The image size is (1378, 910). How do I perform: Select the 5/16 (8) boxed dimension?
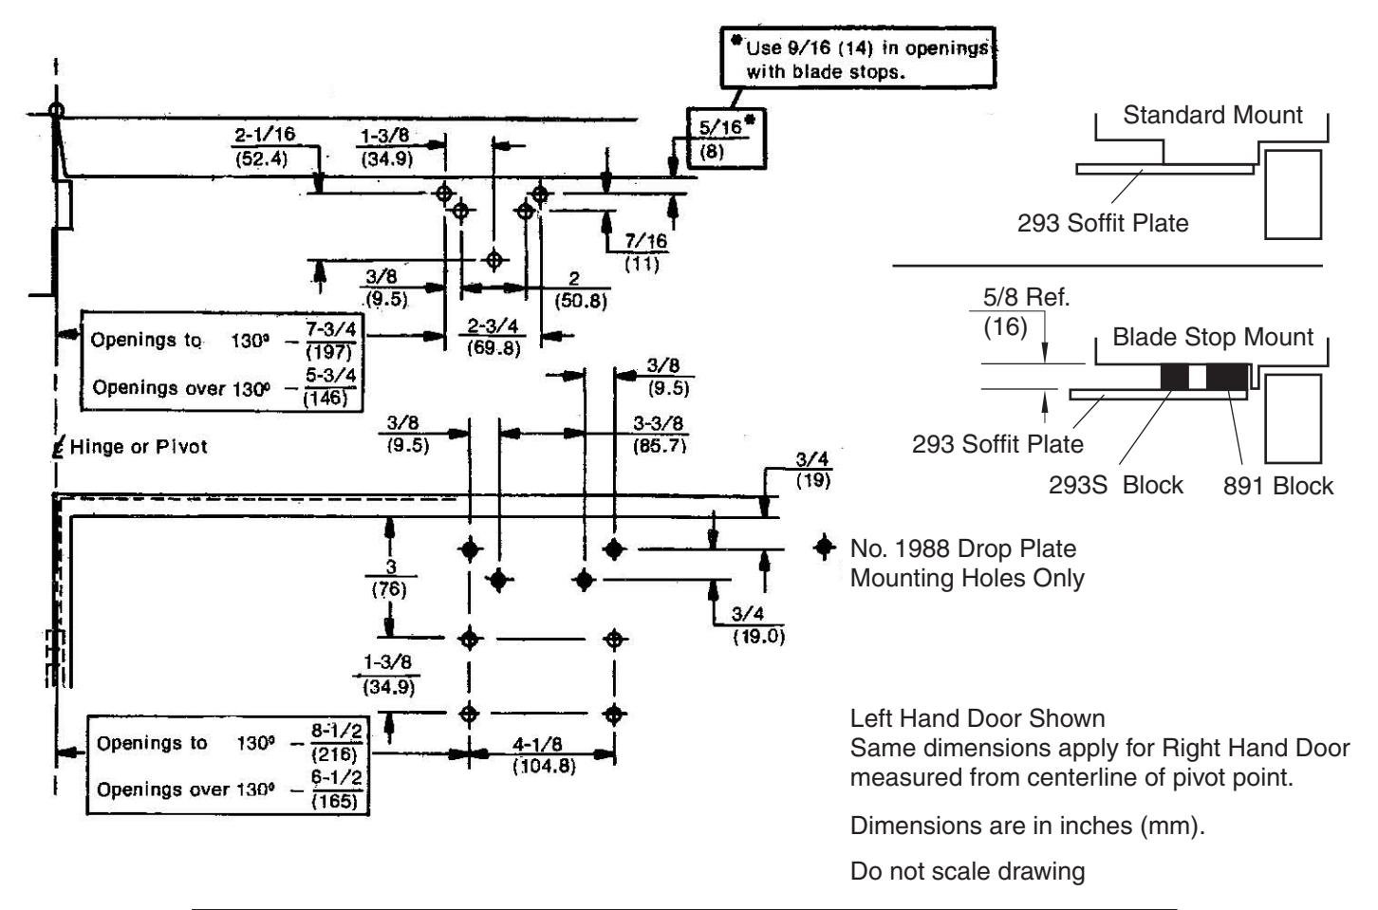pyautogui.click(x=726, y=139)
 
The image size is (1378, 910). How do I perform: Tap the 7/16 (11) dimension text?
pyautogui.click(x=644, y=252)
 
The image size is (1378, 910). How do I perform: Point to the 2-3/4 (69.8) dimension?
pyautogui.click(x=493, y=336)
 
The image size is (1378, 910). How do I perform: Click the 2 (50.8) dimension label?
pyautogui.click(x=580, y=289)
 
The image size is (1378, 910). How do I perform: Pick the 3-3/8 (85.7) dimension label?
pyautogui.click(x=659, y=434)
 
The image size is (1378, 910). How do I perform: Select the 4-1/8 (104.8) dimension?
pyautogui.click(x=543, y=755)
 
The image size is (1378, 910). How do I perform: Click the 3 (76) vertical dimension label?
pyautogui.click(x=390, y=578)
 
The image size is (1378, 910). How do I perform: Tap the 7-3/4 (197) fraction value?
pyautogui.click(x=330, y=341)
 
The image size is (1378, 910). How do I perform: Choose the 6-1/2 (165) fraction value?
pyautogui.click(x=336, y=789)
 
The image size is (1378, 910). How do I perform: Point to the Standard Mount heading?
pyautogui.click(x=1213, y=115)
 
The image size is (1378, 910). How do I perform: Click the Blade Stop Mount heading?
pyautogui.click(x=1213, y=337)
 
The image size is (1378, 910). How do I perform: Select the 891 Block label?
pyautogui.click(x=1277, y=486)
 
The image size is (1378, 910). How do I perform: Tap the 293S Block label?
pyautogui.click(x=1115, y=486)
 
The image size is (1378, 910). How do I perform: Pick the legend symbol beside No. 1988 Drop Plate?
pyautogui.click(x=825, y=547)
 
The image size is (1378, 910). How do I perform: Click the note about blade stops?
pyautogui.click(x=858, y=58)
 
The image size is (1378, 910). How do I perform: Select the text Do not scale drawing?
pyautogui.click(x=967, y=871)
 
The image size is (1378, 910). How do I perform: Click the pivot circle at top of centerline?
pyautogui.click(x=56, y=111)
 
